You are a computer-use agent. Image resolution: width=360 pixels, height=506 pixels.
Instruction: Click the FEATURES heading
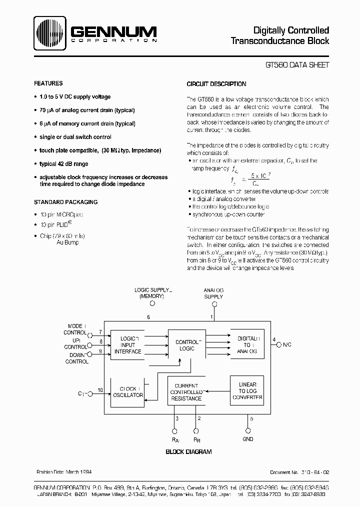pos(48,83)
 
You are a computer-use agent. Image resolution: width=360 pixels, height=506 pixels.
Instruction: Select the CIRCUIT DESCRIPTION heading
pos(216,84)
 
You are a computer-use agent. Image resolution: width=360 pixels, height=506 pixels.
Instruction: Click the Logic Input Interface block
pos(128,345)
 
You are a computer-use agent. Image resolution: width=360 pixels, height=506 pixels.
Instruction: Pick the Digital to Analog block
pos(247,345)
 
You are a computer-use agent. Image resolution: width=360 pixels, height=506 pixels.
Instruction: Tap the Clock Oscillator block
pos(128,391)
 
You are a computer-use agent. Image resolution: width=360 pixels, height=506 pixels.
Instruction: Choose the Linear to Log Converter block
pos(247,390)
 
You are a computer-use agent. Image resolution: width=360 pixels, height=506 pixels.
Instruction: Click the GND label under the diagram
pos(247,439)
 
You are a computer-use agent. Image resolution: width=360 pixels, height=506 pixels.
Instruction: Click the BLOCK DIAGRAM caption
pos(188,452)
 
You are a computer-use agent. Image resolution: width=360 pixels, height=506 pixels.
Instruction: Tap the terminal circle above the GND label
pos(247,430)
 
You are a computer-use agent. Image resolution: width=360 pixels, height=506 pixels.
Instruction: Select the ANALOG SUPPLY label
pos(213,293)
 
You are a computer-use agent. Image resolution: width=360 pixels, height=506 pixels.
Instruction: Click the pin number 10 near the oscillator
pos(100,390)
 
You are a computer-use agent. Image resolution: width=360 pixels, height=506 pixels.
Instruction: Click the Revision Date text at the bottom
pos(64,472)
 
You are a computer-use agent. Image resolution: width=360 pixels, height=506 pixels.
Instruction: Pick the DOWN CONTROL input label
pos(76,358)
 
